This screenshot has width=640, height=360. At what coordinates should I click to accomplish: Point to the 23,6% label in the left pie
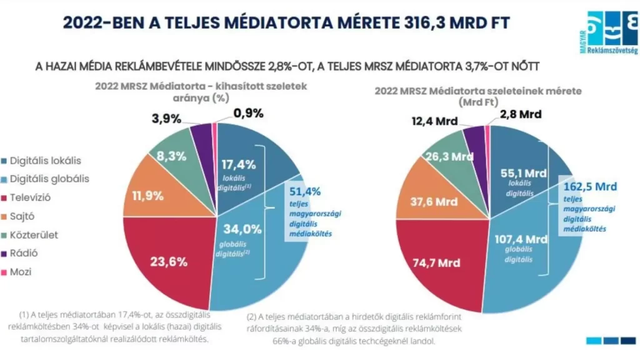click(x=168, y=262)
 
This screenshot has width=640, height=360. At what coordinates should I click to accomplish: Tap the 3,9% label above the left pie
click(x=168, y=117)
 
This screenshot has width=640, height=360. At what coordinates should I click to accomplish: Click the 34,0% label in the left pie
click(x=238, y=229)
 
